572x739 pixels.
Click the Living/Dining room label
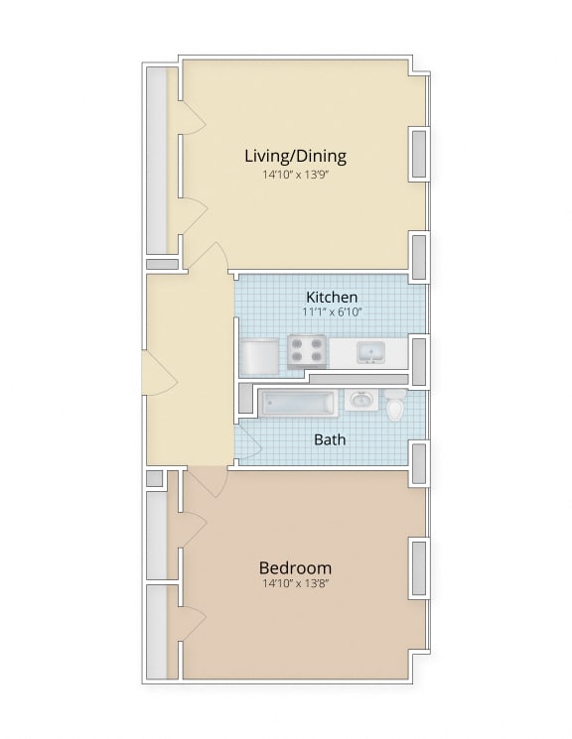(295, 156)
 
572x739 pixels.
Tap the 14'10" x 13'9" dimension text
(295, 175)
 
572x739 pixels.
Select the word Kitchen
(331, 297)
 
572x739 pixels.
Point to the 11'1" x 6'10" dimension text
(332, 311)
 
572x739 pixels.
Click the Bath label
(330, 438)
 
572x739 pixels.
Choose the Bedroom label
(295, 567)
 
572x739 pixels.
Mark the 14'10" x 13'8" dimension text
(295, 584)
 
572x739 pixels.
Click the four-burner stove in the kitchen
(307, 352)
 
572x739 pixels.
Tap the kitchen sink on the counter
(371, 351)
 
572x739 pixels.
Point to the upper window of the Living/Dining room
(419, 154)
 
